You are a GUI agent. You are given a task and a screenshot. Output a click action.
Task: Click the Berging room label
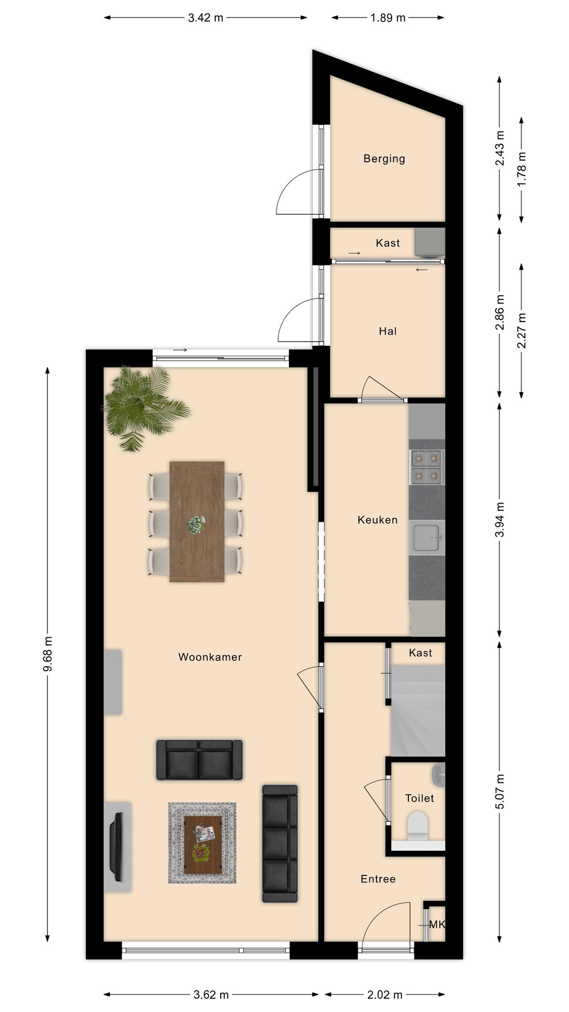(384, 159)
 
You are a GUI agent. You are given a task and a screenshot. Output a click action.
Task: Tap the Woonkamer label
(210, 657)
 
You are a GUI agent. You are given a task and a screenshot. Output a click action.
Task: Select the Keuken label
(378, 520)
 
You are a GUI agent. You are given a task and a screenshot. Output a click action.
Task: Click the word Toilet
(419, 798)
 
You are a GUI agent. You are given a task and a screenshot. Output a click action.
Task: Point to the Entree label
(378, 879)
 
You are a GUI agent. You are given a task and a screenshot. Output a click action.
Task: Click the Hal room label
(388, 331)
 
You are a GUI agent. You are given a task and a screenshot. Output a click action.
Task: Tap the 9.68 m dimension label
(47, 654)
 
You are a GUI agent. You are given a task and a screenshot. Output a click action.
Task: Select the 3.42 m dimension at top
(205, 18)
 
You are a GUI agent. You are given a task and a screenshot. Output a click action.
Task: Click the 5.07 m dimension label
(499, 792)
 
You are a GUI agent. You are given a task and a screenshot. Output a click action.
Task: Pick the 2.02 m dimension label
(385, 995)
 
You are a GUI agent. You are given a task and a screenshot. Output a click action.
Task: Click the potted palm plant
(143, 407)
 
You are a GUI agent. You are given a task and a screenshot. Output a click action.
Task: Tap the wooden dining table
(197, 522)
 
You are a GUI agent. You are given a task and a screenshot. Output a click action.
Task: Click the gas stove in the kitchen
(427, 467)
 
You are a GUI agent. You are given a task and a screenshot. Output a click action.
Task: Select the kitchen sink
(427, 538)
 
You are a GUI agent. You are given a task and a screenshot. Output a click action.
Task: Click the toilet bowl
(418, 825)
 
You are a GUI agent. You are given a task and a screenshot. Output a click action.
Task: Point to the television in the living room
(117, 846)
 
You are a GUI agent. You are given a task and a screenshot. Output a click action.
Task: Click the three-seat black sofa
(280, 843)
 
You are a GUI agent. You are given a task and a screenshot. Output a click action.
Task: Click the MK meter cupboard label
(437, 925)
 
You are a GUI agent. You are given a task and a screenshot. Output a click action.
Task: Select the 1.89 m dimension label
(388, 18)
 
